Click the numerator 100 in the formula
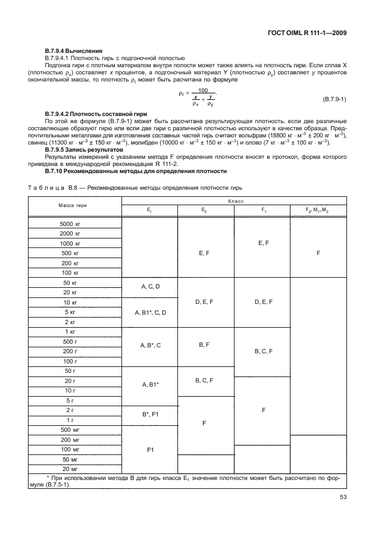click(x=203, y=90)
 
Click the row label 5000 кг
click(x=70, y=224)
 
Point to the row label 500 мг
click(x=71, y=429)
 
